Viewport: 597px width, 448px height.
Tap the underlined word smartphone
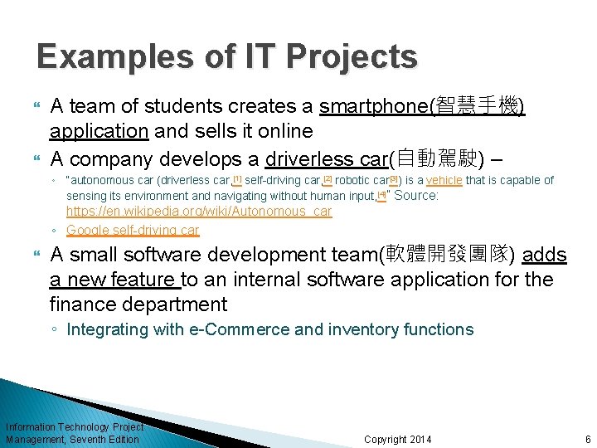(x=371, y=106)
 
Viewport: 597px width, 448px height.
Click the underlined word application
(x=99, y=131)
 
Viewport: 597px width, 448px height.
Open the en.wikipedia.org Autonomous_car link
(x=198, y=212)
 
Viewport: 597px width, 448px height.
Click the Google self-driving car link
(x=133, y=230)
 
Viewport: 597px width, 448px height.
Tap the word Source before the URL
(x=416, y=196)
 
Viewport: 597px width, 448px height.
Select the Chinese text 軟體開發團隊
(x=449, y=255)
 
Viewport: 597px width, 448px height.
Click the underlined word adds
(x=544, y=255)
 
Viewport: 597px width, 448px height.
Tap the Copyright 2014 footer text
(x=397, y=439)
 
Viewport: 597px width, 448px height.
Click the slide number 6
(x=587, y=439)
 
